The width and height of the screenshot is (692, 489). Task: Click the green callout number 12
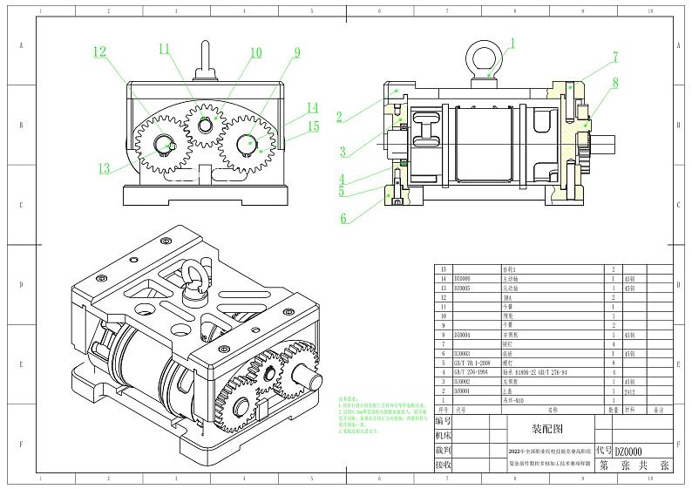pos(100,51)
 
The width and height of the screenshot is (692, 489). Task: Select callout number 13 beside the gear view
pos(105,168)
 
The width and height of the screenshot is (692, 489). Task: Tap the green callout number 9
pos(297,52)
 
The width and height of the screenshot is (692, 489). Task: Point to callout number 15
pos(313,126)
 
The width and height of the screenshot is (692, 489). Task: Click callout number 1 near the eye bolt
pos(512,42)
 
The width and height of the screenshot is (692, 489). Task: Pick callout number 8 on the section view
pos(615,84)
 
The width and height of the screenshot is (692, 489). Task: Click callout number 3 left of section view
pos(343,151)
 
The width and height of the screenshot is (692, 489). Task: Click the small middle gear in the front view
pos(205,126)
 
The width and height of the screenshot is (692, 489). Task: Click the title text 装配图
pos(548,429)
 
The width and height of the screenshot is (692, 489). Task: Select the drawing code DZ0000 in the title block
pos(629,452)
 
